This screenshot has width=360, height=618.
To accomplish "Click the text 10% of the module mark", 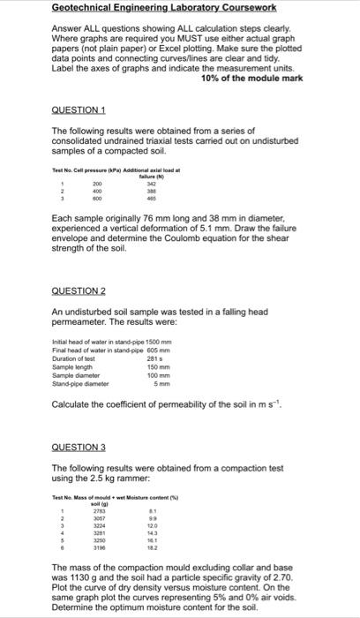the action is (x=251, y=79).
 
